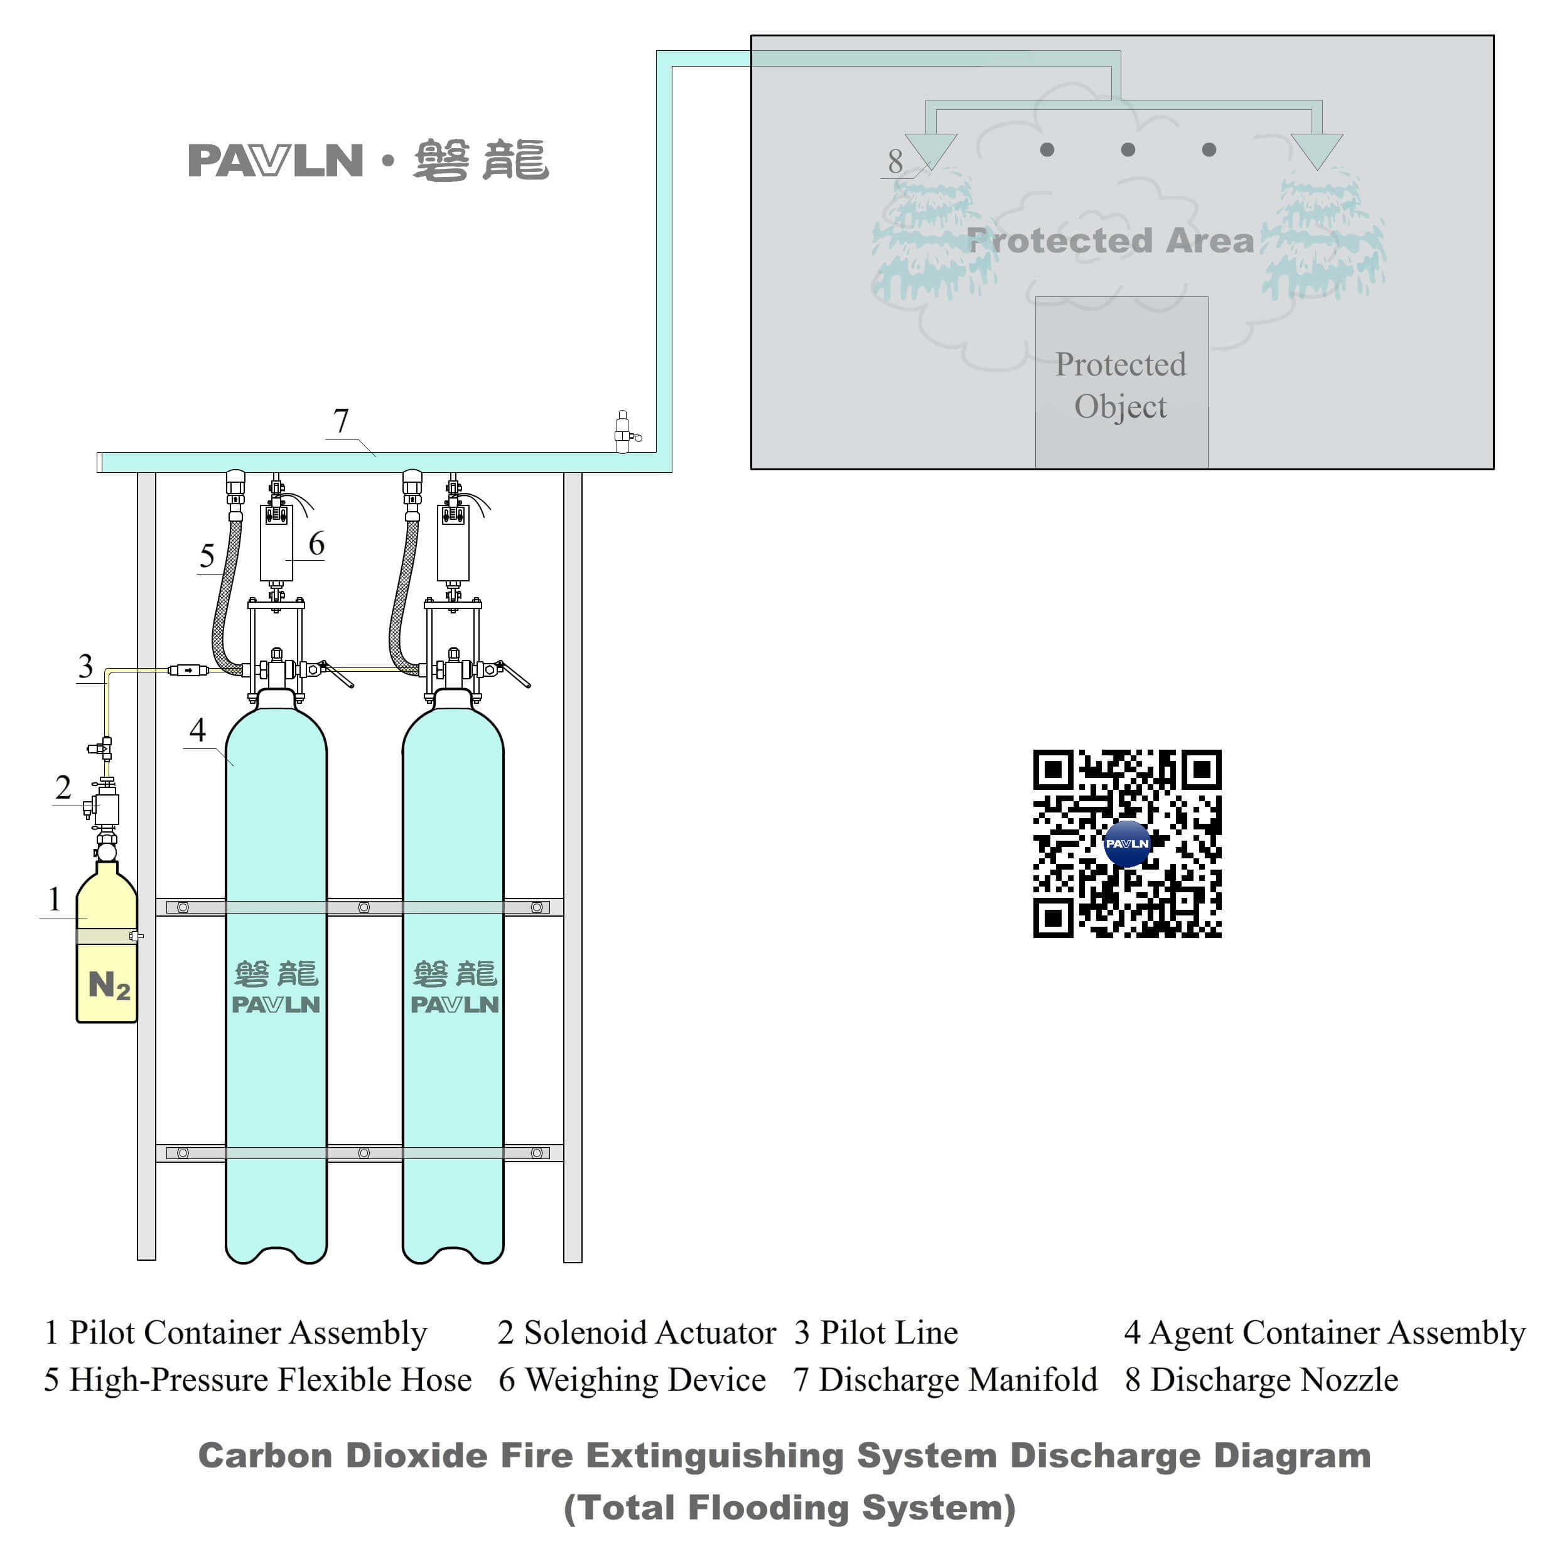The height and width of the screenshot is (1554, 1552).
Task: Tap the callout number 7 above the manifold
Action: coord(341,421)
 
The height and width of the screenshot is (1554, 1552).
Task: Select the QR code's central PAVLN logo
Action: coord(1126,844)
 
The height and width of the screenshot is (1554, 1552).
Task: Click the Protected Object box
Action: coord(1121,384)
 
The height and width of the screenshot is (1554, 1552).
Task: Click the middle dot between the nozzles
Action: coord(1128,149)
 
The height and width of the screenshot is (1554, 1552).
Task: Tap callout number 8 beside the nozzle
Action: coord(895,161)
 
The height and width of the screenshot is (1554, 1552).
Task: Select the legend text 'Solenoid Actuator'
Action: coord(650,1334)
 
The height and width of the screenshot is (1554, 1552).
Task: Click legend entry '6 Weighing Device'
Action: coord(632,1380)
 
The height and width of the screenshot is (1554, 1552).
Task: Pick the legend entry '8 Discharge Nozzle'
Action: coord(1261,1380)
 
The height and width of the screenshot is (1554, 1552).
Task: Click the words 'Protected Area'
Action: coord(1110,240)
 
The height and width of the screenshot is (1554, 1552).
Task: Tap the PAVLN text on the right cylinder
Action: coord(455,1005)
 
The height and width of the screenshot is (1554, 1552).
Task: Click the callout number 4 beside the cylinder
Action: coord(198,730)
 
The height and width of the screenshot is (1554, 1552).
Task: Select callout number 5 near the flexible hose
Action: coord(207,556)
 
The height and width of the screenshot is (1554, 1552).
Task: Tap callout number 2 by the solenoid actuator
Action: coord(63,787)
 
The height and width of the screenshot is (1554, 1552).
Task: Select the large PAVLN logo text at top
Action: coord(276,161)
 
